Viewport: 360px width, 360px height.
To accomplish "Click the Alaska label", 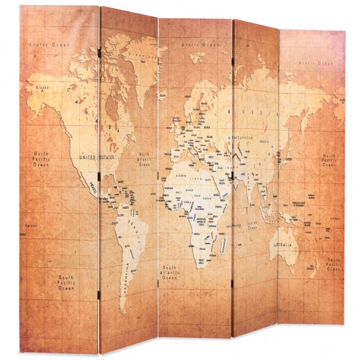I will pyautogui.click(x=41, y=88).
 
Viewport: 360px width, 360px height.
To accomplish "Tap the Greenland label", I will pyautogui.click(x=139, y=55).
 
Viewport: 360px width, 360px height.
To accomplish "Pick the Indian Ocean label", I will pyautogui.click(x=252, y=226).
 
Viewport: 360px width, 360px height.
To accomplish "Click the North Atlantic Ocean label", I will pyautogui.click(x=144, y=158).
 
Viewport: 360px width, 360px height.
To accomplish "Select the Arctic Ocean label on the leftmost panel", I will pyautogui.click(x=50, y=45).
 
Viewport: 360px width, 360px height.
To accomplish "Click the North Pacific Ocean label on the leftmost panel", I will pyautogui.click(x=42, y=158).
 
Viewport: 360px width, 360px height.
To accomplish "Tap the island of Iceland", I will pyautogui.click(x=164, y=94).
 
